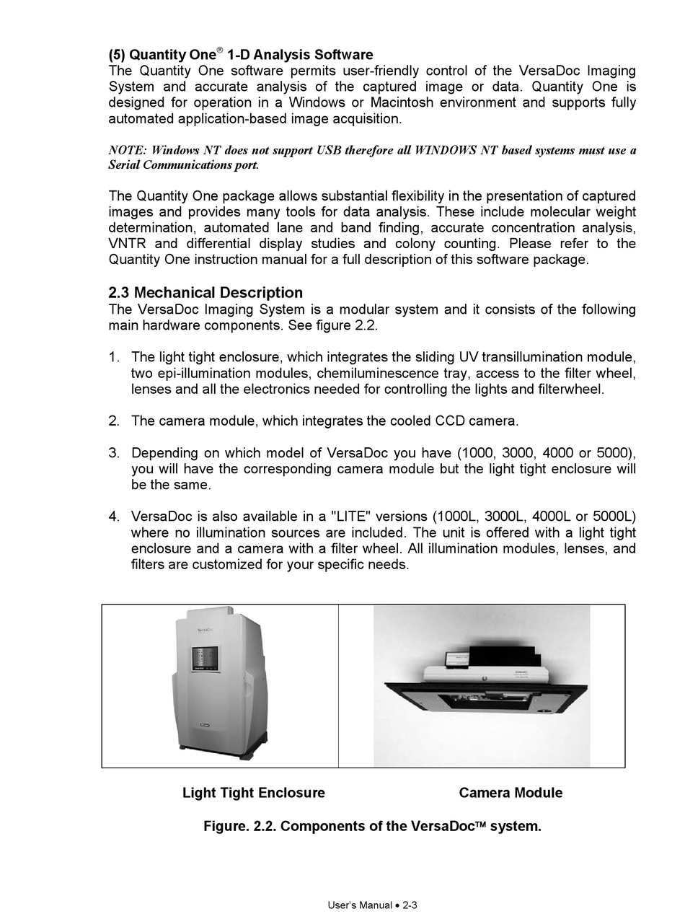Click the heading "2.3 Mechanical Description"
205,293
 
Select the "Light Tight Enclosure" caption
253,793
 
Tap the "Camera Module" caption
511,793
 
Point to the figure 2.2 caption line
372,826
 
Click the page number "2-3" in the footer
410,905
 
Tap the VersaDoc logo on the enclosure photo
209,629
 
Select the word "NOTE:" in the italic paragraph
128,151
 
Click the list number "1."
114,358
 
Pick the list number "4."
114,517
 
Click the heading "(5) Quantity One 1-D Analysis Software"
241,55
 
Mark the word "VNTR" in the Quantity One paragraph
127,244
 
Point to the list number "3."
114,453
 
